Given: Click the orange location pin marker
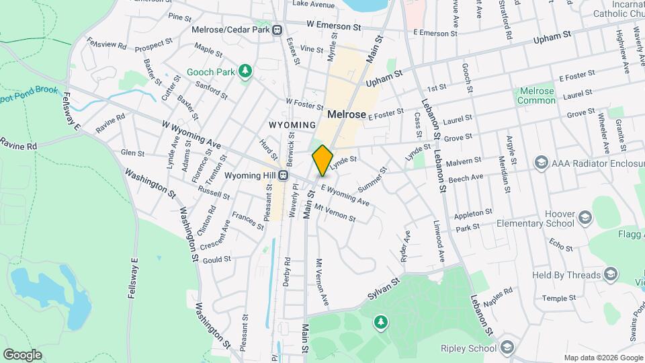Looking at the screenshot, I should click(322, 160).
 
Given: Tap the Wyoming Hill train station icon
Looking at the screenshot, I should click(284, 175).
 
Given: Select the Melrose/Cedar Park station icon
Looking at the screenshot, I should click(286, 30).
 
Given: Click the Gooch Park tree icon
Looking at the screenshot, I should click(246, 71).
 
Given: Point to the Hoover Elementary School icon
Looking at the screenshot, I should click(585, 216).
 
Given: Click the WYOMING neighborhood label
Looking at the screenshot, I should click(292, 125).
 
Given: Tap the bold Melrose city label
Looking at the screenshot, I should click(347, 114).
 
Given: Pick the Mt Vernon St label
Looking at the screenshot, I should click(335, 214).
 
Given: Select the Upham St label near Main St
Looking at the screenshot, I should click(384, 79).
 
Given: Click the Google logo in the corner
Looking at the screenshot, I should click(22, 354).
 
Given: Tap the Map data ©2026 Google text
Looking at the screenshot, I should click(603, 358).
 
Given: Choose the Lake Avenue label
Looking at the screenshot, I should click(314, 5).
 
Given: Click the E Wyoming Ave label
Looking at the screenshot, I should click(345, 195).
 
